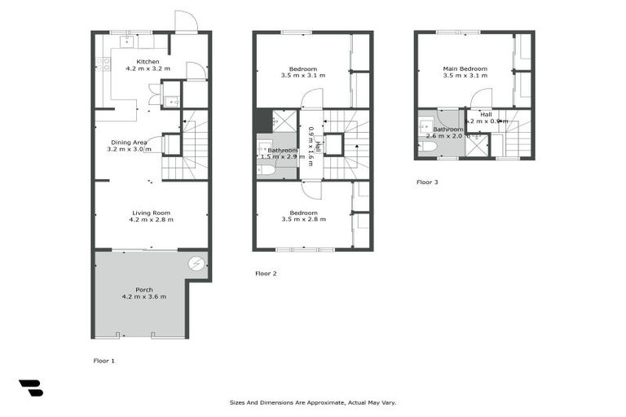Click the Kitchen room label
148,62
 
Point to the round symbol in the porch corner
196,263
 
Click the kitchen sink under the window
127,40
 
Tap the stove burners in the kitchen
103,63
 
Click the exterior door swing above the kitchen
186,21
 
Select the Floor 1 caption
104,359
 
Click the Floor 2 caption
266,274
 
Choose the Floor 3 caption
427,182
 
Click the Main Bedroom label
465,68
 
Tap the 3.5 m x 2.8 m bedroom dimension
302,220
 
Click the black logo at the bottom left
30,388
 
